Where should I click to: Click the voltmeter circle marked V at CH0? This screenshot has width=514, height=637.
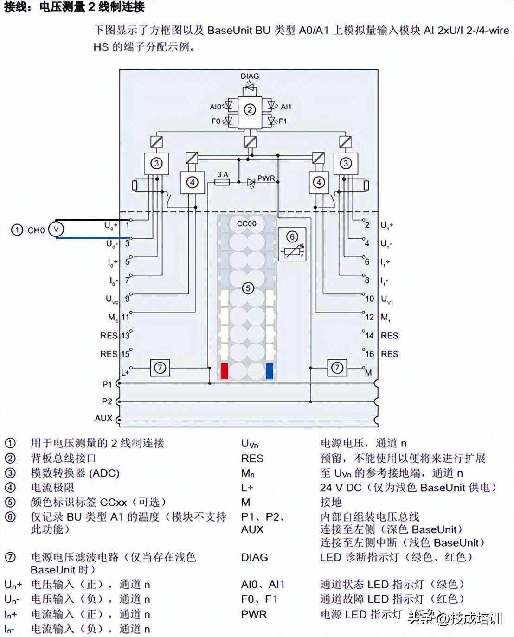[56, 229]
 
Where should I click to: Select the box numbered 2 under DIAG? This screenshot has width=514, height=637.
[250, 110]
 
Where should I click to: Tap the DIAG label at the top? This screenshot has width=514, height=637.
[250, 76]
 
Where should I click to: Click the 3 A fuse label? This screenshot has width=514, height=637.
[223, 175]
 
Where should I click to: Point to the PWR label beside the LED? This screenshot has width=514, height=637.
[266, 178]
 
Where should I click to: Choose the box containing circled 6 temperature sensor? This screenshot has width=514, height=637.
[292, 244]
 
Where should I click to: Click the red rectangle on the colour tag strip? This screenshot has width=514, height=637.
[224, 371]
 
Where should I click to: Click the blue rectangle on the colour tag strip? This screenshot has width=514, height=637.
[270, 371]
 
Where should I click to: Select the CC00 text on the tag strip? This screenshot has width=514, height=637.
[246, 223]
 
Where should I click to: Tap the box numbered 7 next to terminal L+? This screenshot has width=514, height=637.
[160, 368]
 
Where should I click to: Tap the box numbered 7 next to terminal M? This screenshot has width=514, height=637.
[337, 368]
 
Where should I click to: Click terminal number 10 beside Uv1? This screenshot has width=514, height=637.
[369, 299]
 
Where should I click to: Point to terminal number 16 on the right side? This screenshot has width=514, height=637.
[369, 354]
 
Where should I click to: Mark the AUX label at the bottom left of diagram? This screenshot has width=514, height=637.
[104, 418]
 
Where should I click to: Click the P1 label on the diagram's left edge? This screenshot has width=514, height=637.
[107, 384]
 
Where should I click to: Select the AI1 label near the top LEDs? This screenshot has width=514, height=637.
[286, 107]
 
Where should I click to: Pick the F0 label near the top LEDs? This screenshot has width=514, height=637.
[216, 121]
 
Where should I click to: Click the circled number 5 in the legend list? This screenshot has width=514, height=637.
[10, 503]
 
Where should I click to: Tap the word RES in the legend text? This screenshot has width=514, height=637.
[252, 459]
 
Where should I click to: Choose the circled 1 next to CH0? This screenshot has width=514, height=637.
[17, 230]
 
